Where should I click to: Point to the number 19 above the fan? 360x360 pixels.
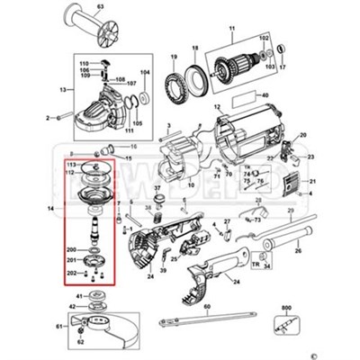pos(171,56)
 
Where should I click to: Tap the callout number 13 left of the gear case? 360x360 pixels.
pos(63,91)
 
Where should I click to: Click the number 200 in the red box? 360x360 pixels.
pos(72,248)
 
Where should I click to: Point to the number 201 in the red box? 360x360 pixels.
pos(72,261)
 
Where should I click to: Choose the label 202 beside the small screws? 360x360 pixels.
pos(72,274)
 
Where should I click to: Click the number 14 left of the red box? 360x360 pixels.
pos(54,208)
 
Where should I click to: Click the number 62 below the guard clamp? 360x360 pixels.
pos(81,343)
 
